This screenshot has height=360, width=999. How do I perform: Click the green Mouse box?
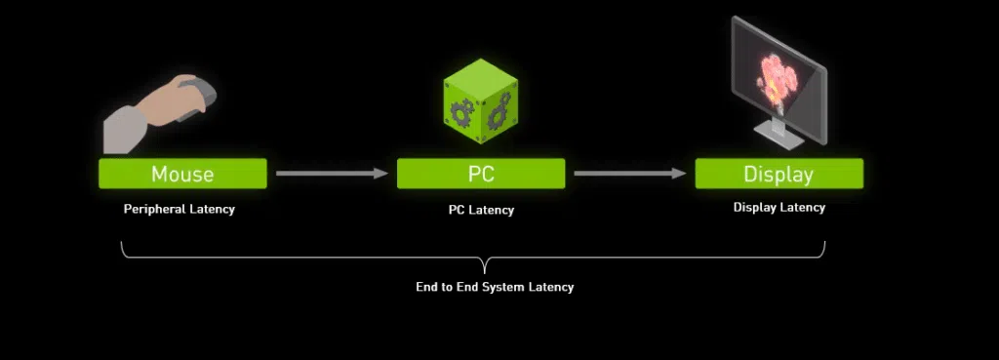click(x=182, y=174)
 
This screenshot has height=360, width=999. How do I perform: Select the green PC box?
click(x=480, y=174)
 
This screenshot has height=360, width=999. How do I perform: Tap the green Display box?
click(x=779, y=174)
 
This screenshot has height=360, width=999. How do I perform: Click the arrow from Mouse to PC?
click(x=332, y=174)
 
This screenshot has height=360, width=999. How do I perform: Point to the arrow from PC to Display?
click(x=629, y=174)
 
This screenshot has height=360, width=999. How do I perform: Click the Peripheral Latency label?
click(x=179, y=209)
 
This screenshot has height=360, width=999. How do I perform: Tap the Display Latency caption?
click(x=779, y=207)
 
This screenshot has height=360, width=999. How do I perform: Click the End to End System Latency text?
click(x=495, y=287)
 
